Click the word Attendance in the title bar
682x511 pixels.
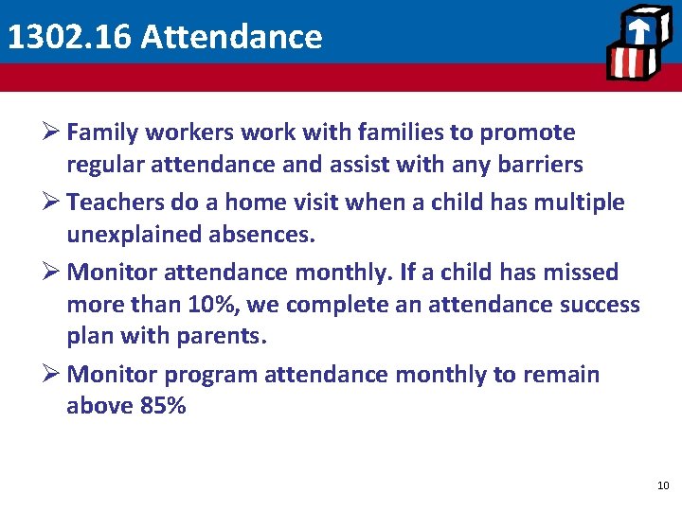[x=230, y=37]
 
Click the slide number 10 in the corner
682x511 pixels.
[x=662, y=485]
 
